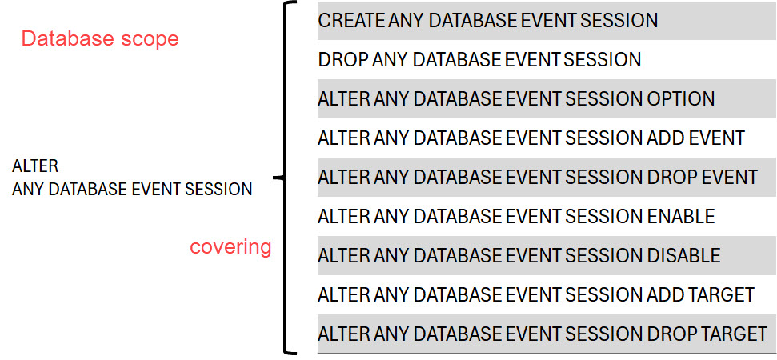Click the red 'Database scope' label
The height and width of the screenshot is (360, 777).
pyautogui.click(x=99, y=39)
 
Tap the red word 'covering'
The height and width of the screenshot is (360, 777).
pyautogui.click(x=230, y=246)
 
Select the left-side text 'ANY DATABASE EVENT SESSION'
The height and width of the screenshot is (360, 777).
pyautogui.click(x=132, y=190)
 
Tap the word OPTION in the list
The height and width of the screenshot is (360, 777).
pyautogui.click(x=680, y=99)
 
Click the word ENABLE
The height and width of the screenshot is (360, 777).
pyautogui.click(x=680, y=217)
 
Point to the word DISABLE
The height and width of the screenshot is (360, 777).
pyautogui.click(x=683, y=256)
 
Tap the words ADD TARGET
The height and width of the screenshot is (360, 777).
pyautogui.click(x=701, y=295)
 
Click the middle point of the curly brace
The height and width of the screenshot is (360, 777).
pyautogui.click(x=278, y=178)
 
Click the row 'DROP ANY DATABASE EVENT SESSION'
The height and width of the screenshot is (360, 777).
pyautogui.click(x=479, y=60)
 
